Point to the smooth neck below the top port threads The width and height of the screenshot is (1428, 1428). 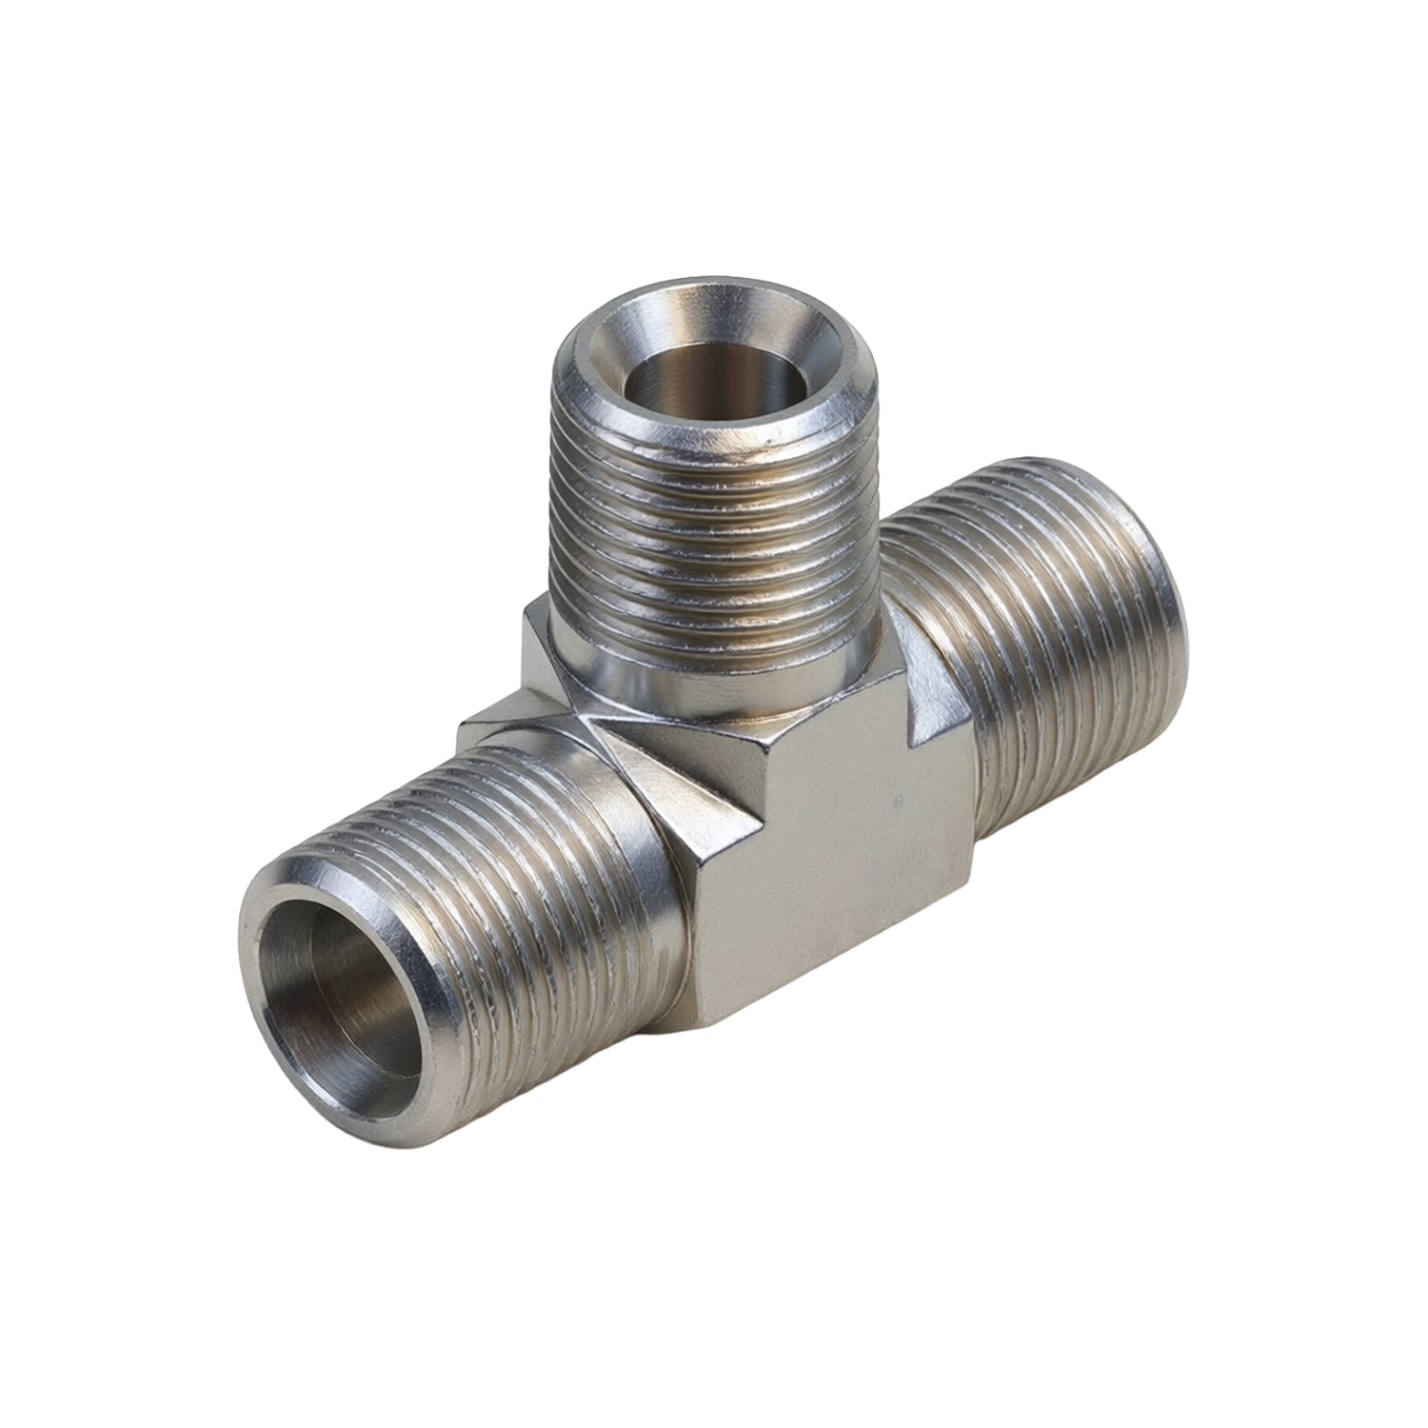724,681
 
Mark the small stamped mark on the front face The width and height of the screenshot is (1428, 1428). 897,803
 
